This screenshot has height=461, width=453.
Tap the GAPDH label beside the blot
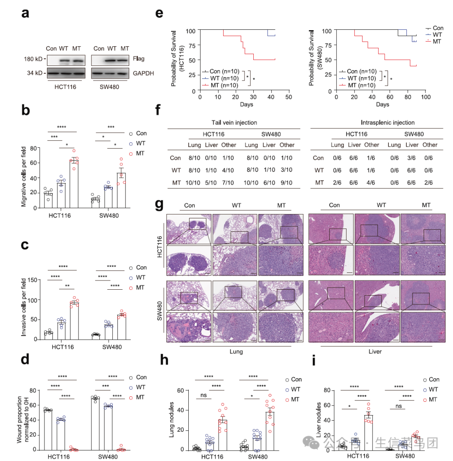click(x=143, y=73)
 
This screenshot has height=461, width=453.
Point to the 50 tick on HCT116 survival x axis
click(x=289, y=96)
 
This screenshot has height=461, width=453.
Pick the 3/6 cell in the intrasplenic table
click(x=414, y=158)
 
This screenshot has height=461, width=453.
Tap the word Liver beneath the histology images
click(x=375, y=351)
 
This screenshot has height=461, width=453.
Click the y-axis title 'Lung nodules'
click(x=171, y=420)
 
